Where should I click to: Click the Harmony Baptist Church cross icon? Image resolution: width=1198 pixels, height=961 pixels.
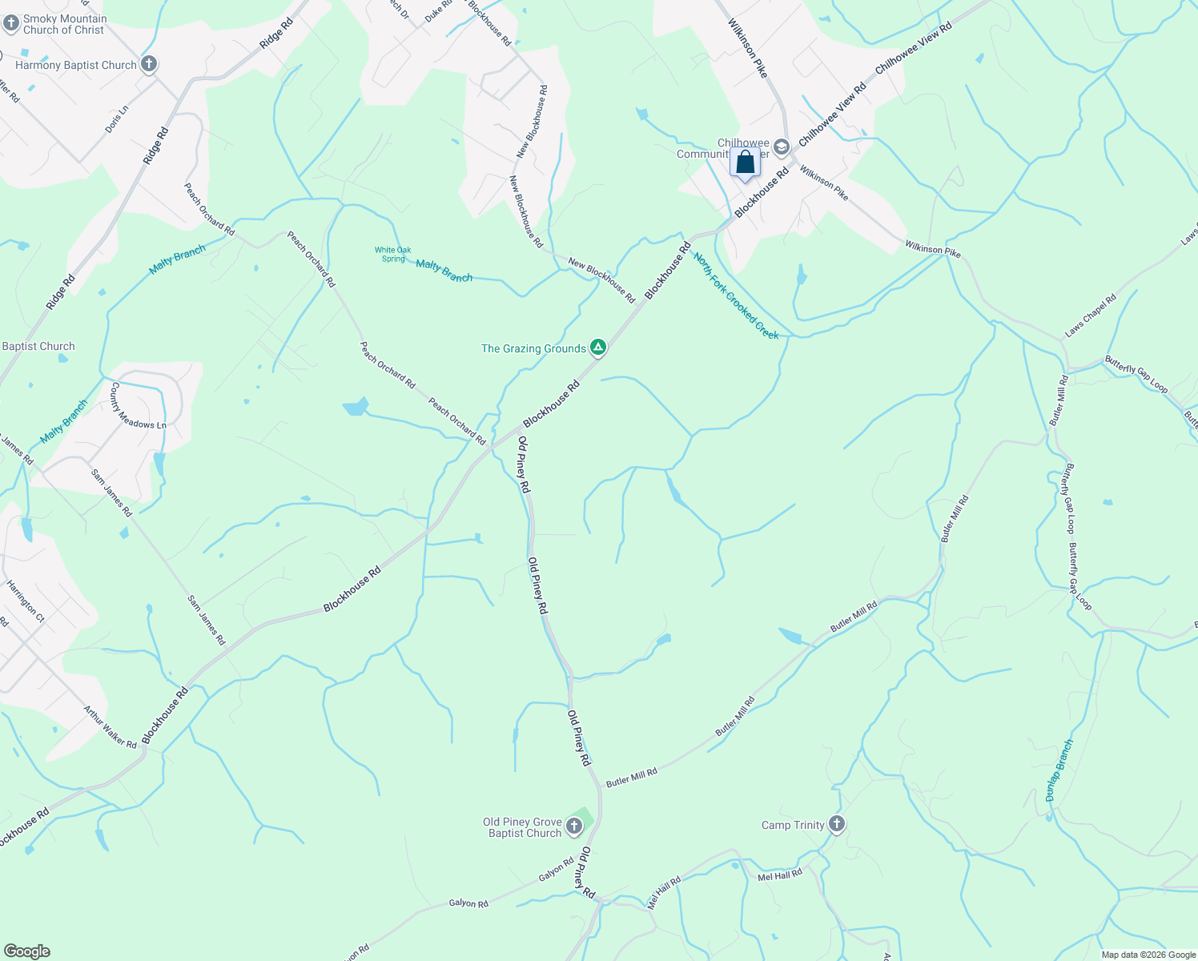click(x=148, y=64)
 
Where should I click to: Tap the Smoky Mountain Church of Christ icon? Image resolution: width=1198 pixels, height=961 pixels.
click(x=10, y=23)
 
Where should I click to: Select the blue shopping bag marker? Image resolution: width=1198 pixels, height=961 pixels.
click(x=745, y=163)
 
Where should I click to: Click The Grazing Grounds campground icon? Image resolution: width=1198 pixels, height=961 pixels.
click(x=597, y=348)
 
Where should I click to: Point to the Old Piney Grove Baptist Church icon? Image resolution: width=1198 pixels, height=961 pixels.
click(x=573, y=826)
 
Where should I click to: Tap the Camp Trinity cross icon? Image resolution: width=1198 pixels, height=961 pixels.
click(x=837, y=824)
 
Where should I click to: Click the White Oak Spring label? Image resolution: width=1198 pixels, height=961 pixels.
click(x=392, y=255)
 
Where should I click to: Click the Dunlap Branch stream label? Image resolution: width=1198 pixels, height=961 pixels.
click(x=1059, y=770)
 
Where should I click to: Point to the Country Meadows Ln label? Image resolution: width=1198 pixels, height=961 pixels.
click(x=138, y=406)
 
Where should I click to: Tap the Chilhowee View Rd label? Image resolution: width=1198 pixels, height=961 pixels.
click(x=913, y=49)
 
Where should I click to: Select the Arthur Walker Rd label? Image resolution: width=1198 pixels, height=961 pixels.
click(x=111, y=727)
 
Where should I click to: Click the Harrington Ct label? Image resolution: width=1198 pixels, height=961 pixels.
click(x=26, y=601)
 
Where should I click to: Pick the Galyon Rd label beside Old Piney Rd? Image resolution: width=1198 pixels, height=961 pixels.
click(x=557, y=871)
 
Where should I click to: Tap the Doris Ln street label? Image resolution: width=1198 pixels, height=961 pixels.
click(x=117, y=119)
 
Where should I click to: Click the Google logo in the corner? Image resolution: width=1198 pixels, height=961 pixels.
click(x=26, y=951)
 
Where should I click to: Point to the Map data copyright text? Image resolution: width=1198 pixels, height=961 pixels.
click(x=1148, y=955)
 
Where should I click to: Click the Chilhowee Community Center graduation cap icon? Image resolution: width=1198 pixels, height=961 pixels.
click(x=782, y=147)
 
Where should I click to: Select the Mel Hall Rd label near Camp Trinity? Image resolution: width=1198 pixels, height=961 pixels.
click(x=779, y=876)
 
